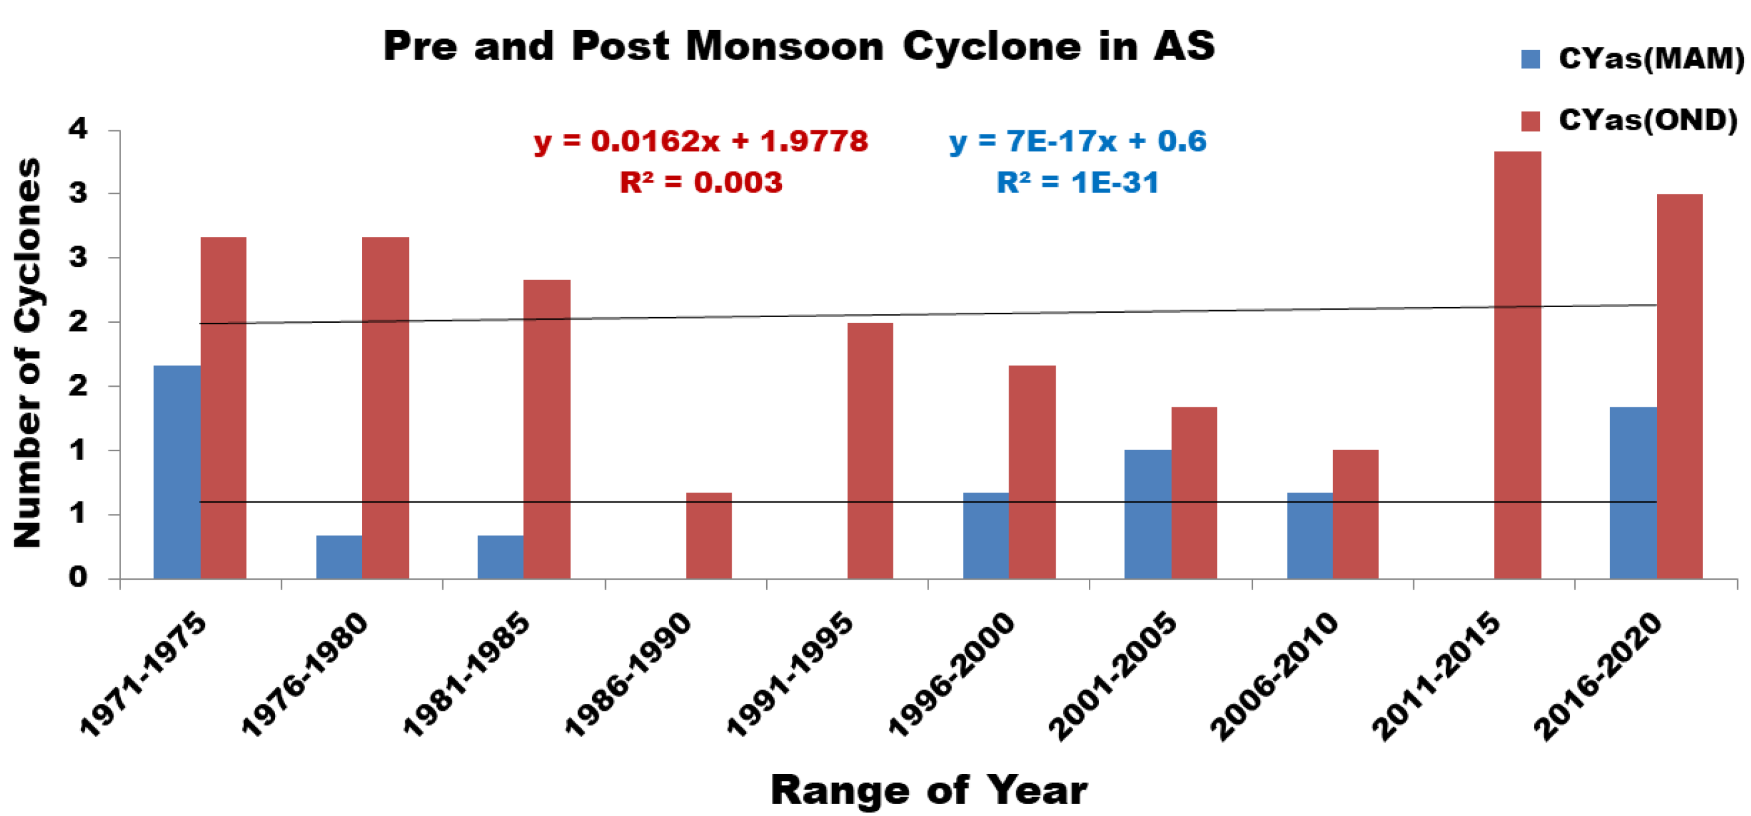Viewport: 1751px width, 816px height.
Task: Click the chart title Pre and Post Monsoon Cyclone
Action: (x=798, y=47)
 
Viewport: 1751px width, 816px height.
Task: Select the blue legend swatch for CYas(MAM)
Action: (x=1530, y=59)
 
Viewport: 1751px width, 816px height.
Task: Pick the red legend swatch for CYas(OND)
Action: (x=1530, y=121)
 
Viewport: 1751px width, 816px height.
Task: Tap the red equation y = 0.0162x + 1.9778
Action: (x=701, y=142)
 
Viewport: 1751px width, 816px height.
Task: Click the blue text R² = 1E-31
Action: (x=1078, y=183)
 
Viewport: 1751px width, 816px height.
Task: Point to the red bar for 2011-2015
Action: (x=1517, y=365)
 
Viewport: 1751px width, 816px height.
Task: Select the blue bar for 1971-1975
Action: (x=177, y=472)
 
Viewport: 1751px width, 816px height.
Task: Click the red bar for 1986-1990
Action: (x=709, y=536)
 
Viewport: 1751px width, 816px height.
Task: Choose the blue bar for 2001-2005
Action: (x=1148, y=514)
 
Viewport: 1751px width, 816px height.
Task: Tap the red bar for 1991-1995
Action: (x=870, y=451)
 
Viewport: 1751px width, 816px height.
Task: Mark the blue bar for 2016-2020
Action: (x=1633, y=493)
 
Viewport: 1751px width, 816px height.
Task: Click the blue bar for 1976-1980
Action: (x=339, y=557)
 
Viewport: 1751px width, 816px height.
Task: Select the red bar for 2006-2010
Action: (x=1356, y=514)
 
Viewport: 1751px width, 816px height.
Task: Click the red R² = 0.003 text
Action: (x=701, y=183)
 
